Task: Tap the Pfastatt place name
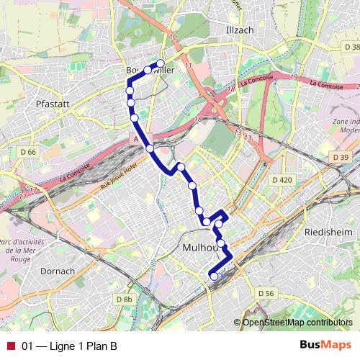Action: coord(52,104)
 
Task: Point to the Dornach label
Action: coord(58,271)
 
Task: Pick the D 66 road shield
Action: coord(28,152)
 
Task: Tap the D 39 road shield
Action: coord(341,157)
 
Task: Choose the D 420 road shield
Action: coord(282,179)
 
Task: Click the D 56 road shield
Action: coord(266,293)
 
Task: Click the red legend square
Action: coord(9,346)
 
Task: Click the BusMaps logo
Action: coord(325,345)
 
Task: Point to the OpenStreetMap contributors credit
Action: coord(297,323)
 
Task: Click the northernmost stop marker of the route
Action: coord(161,63)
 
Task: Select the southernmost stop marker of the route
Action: coord(213,275)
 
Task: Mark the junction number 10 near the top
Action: coord(174,37)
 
